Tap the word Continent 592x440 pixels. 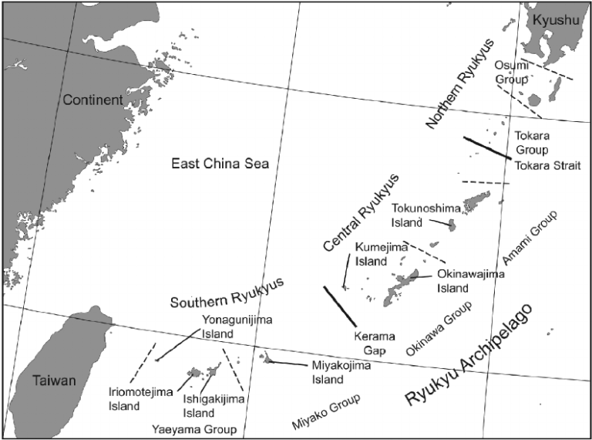(x=93, y=100)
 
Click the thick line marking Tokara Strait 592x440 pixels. (x=486, y=147)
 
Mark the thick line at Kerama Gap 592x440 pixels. (x=340, y=306)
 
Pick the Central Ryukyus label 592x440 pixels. (x=362, y=212)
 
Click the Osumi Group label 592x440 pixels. (x=512, y=73)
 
